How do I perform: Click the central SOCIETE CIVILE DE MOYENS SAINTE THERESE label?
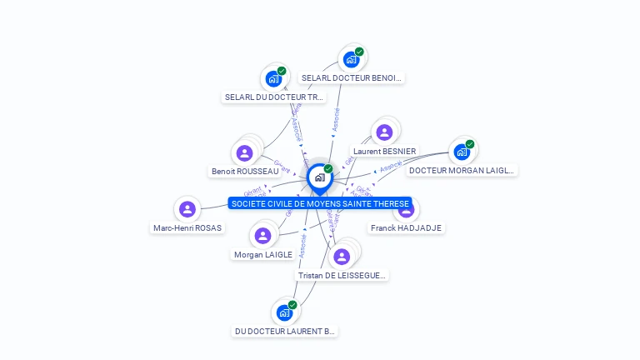pyautogui.click(x=320, y=203)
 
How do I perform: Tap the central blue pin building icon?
pyautogui.click(x=319, y=177)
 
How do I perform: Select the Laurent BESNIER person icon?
pyautogui.click(x=384, y=132)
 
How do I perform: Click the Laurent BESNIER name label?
pyautogui.click(x=384, y=152)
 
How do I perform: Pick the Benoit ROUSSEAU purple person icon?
pyautogui.click(x=244, y=152)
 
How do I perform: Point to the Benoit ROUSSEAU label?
pyautogui.click(x=245, y=172)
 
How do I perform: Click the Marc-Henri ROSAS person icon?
pyautogui.click(x=187, y=209)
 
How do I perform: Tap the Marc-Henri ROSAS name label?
pyautogui.click(x=187, y=227)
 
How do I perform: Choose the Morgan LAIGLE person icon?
pyautogui.click(x=263, y=236)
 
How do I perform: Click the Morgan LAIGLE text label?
pyautogui.click(x=263, y=254)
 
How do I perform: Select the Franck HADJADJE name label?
pyautogui.click(x=407, y=227)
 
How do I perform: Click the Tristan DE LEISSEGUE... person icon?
pyautogui.click(x=342, y=256)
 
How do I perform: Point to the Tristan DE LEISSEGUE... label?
pyautogui.click(x=342, y=275)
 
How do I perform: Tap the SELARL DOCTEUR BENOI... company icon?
pyautogui.click(x=352, y=59)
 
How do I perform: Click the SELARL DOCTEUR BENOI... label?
pyautogui.click(x=352, y=78)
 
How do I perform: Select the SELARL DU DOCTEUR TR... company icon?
pyautogui.click(x=273, y=79)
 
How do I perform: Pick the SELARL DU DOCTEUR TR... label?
pyautogui.click(x=273, y=97)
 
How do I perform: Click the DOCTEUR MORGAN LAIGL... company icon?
pyautogui.click(x=462, y=152)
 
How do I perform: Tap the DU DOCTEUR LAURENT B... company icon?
pyautogui.click(x=284, y=312)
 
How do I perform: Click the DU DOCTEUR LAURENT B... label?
pyautogui.click(x=285, y=332)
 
